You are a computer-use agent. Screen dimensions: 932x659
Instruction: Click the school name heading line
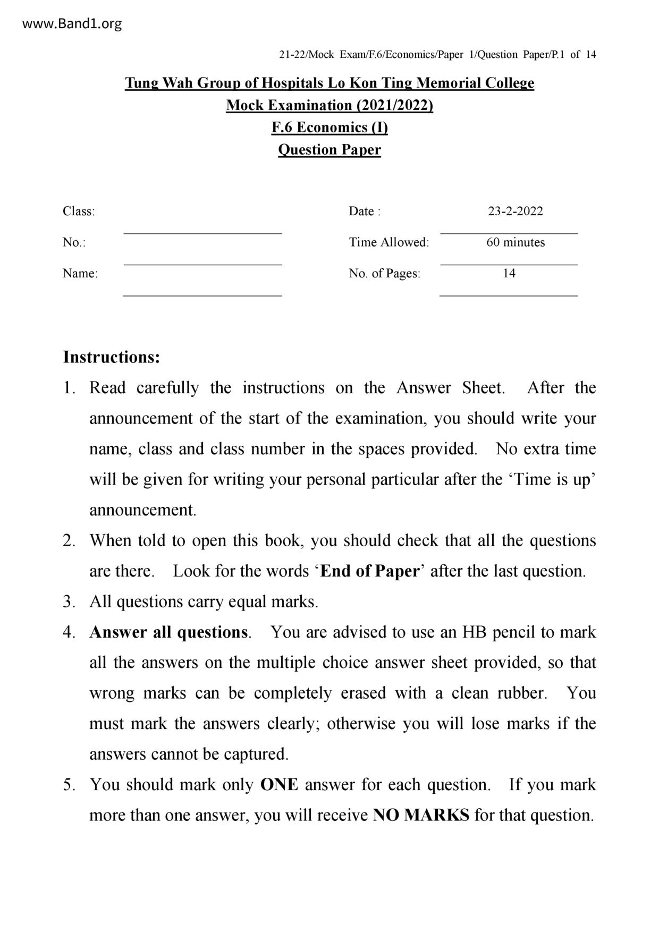pos(329,83)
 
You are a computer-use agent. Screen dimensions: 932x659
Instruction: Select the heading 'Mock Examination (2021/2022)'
pos(329,105)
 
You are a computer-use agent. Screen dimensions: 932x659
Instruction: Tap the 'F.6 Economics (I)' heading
pos(329,128)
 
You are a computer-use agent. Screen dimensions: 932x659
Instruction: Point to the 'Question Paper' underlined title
pos(329,150)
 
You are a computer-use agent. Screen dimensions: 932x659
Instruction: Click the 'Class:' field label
pos(79,211)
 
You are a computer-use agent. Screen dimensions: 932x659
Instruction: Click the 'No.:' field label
pos(74,242)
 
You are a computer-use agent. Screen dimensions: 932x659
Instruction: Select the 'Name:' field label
pos(80,274)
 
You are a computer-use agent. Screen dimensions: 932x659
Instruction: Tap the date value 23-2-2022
pos(516,211)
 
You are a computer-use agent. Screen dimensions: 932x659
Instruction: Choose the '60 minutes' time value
pos(516,242)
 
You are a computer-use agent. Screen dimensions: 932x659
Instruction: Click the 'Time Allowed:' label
pos(389,242)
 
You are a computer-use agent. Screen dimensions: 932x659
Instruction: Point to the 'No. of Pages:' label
pos(384,274)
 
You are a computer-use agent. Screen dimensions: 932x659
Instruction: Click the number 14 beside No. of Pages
pos(509,274)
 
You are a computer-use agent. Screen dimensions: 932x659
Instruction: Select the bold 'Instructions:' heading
pos(111,357)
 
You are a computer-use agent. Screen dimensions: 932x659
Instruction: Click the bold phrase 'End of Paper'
pos(370,571)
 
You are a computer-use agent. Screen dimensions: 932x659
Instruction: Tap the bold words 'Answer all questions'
pos(168,632)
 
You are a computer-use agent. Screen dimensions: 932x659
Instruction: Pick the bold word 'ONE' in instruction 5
pos(279,785)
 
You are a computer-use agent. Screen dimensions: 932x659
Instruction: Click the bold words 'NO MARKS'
pos(421,815)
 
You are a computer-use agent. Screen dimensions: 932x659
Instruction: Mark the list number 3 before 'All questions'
pos(69,602)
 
